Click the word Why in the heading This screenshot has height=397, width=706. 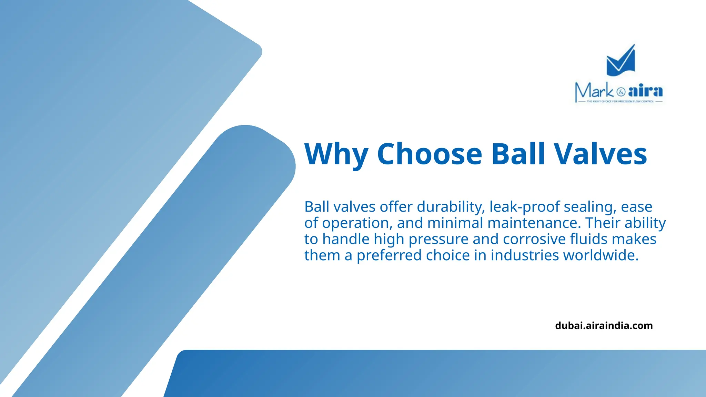[336, 154]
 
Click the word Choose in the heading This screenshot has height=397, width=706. [430, 154]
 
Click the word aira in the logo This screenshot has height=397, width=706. [645, 91]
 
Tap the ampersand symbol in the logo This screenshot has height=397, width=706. [621, 92]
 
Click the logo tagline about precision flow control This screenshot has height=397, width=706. [620, 101]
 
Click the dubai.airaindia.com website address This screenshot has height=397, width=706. [604, 326]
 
